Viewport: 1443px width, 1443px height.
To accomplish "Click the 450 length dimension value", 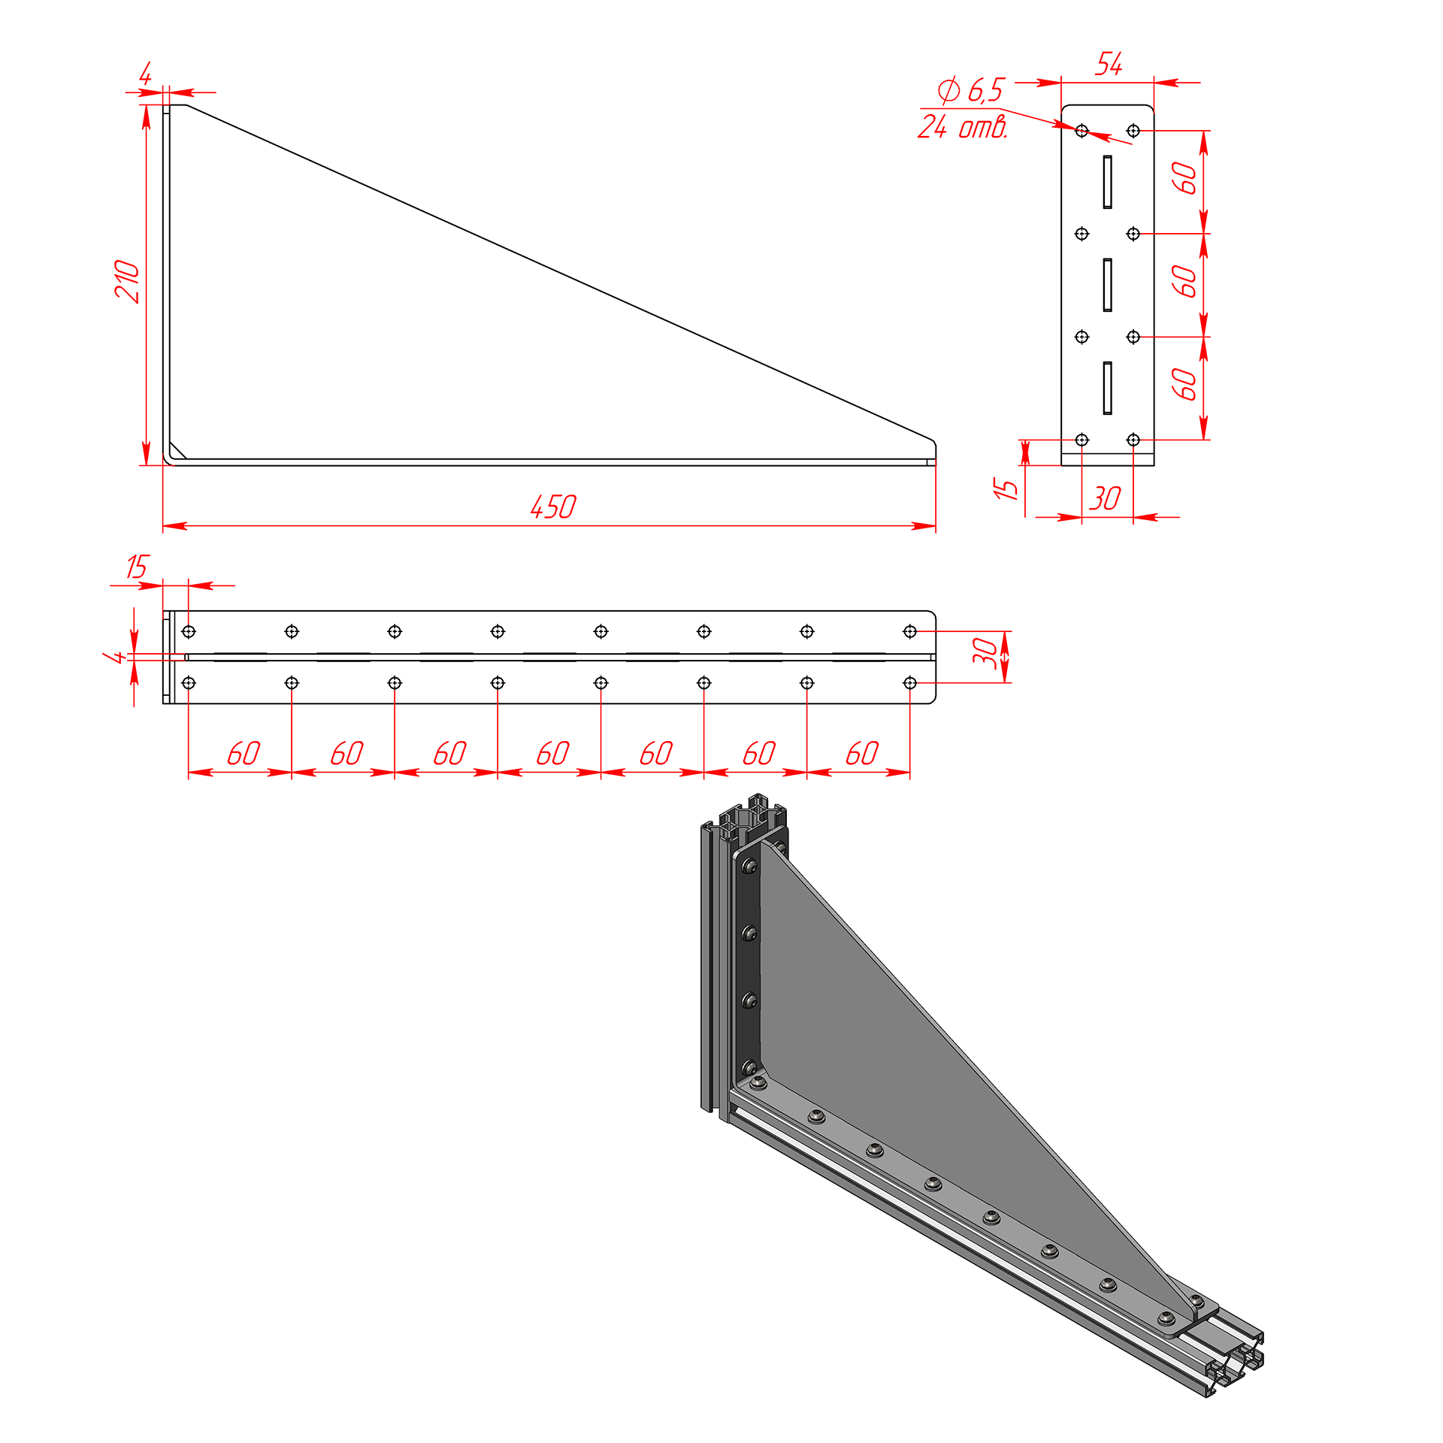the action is click(553, 507).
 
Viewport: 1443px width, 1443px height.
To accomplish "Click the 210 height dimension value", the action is click(128, 281).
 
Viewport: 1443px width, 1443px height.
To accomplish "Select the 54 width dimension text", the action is click(1109, 65).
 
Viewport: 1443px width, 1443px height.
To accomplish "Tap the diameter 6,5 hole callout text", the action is click(970, 91).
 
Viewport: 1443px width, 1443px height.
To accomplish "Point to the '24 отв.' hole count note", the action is click(963, 126).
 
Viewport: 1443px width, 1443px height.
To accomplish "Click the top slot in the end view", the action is click(1108, 182).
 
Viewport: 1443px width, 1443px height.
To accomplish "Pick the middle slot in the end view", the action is click(1108, 285).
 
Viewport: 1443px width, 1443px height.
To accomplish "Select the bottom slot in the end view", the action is click(1108, 388).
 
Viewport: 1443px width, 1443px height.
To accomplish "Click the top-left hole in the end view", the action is click(1082, 131).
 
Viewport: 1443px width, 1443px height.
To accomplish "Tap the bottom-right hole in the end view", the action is click(1133, 440).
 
